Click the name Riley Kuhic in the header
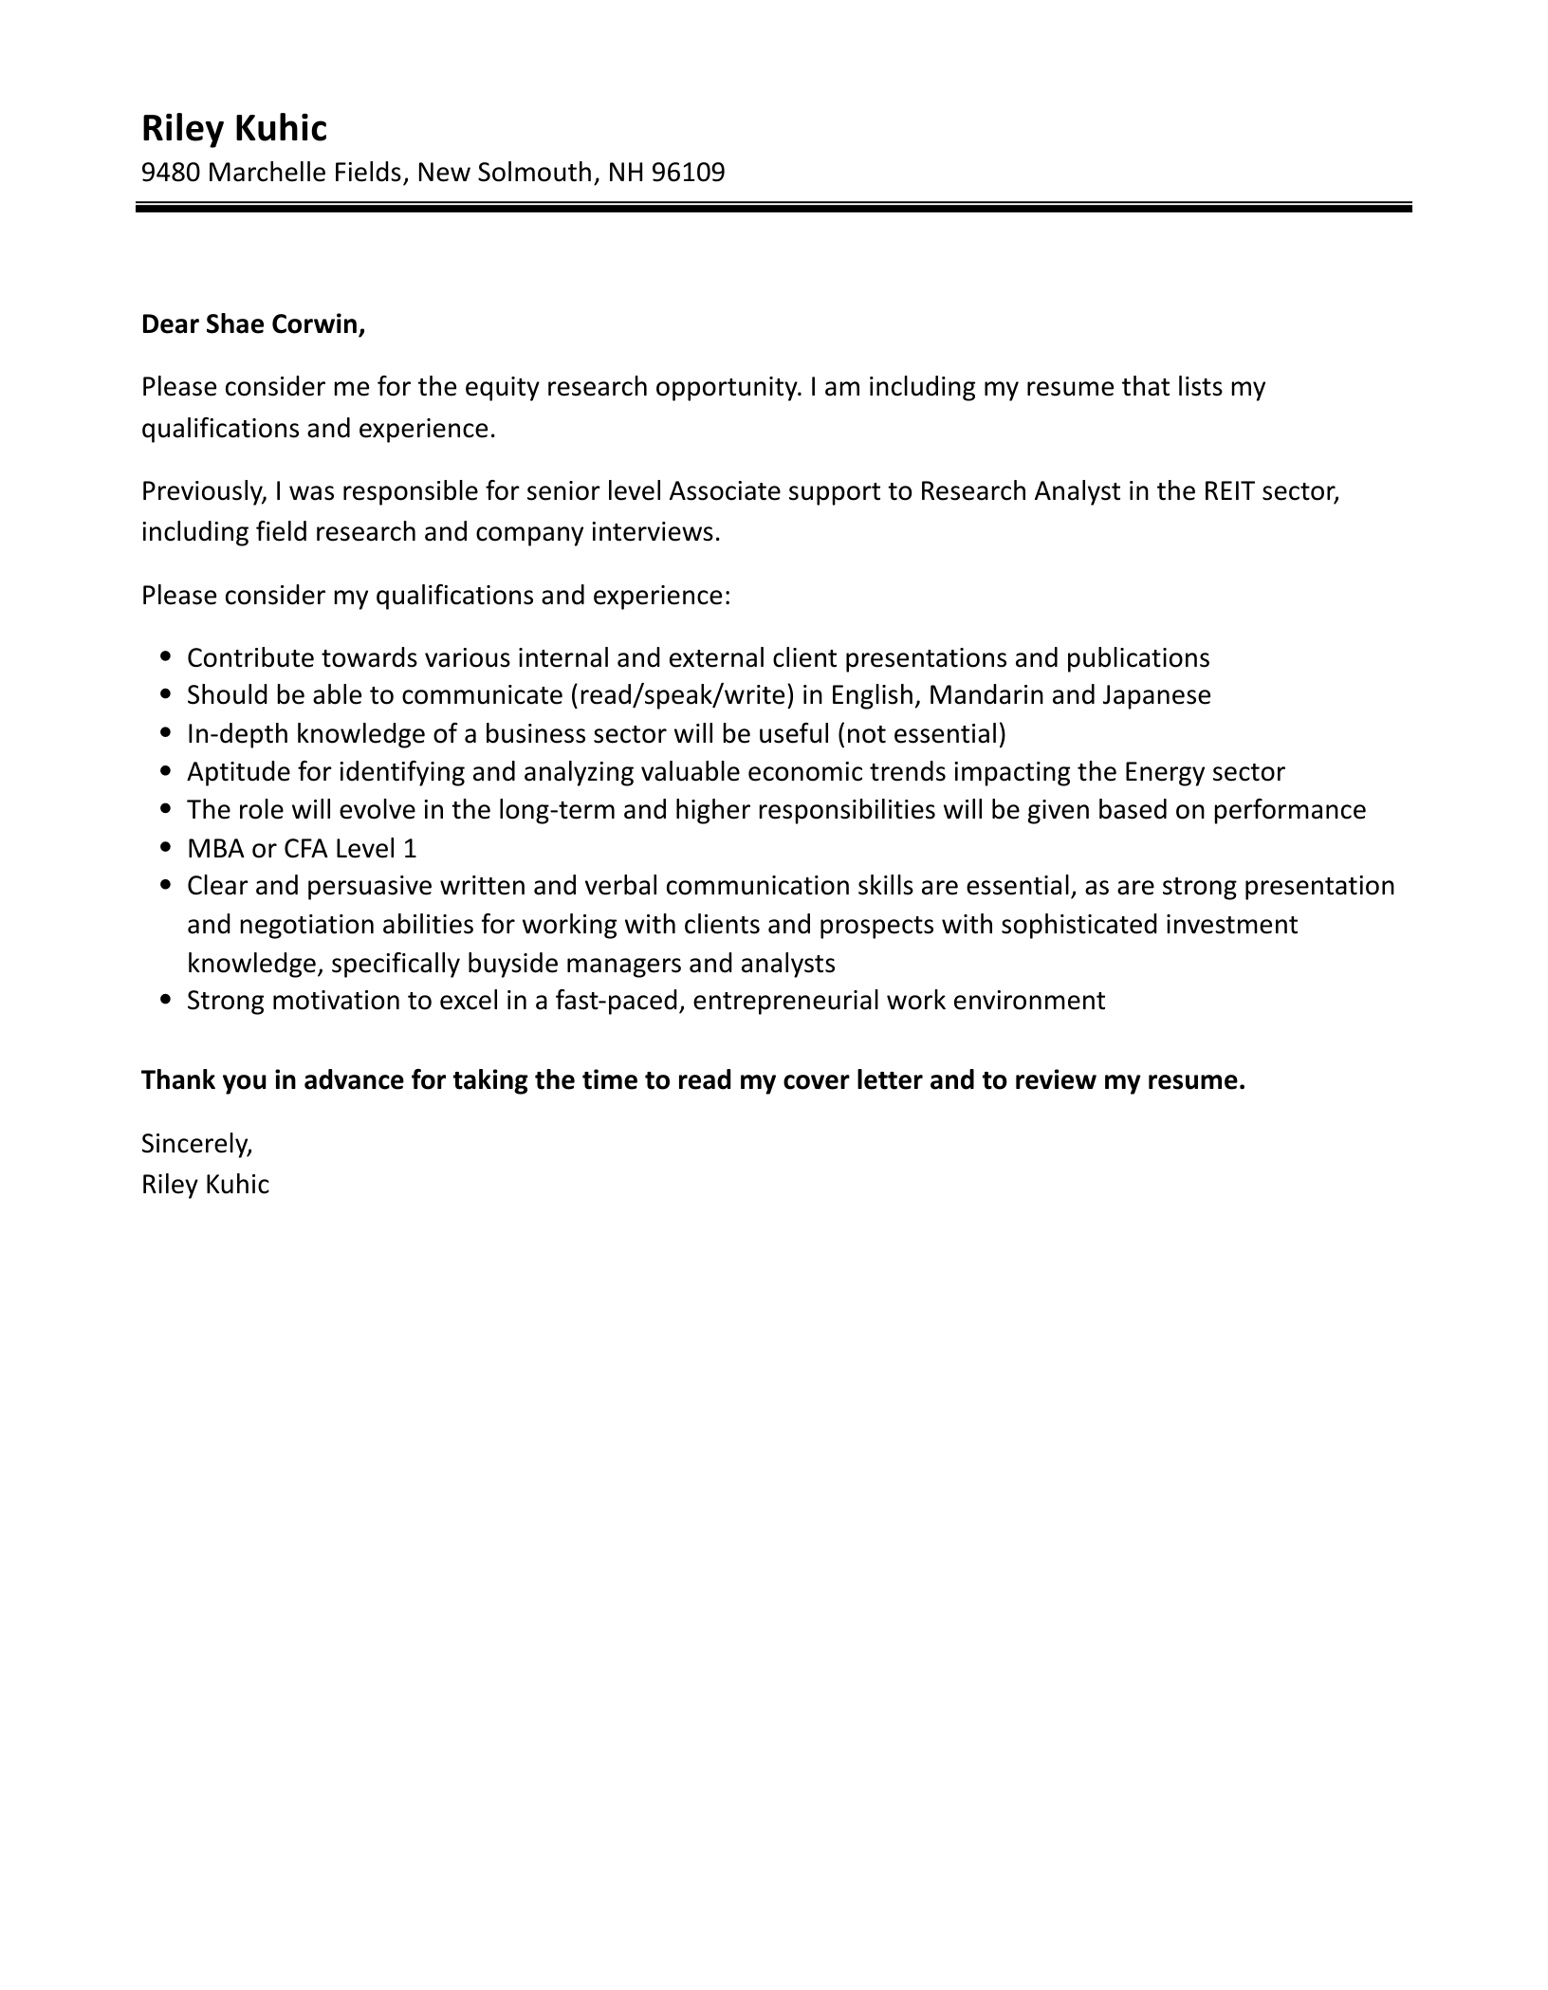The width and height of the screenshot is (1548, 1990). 233,129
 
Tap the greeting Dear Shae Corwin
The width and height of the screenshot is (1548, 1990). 252,324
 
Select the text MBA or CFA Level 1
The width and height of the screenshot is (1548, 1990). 302,848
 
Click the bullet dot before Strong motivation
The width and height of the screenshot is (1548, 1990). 166,1000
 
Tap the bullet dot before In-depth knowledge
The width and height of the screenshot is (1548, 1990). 166,733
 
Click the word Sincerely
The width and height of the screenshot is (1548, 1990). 196,1144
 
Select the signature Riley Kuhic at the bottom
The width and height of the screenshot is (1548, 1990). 205,1185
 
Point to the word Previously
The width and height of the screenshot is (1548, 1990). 203,491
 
